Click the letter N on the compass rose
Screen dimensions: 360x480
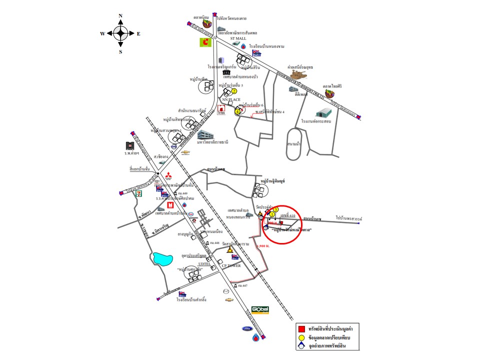click(x=120, y=16)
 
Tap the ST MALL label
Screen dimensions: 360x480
click(x=238, y=38)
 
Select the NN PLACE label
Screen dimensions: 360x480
click(x=231, y=99)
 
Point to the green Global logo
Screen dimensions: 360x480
click(x=260, y=310)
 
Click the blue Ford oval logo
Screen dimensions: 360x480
click(x=247, y=328)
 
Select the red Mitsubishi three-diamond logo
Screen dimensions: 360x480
click(x=168, y=176)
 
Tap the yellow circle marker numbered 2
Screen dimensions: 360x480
click(x=233, y=91)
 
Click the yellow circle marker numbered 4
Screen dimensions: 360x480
click(x=237, y=111)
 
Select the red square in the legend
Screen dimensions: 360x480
click(x=301, y=329)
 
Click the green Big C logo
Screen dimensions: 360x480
click(x=205, y=43)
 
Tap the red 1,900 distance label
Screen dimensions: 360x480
click(x=262, y=246)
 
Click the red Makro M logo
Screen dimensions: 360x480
click(x=170, y=205)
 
